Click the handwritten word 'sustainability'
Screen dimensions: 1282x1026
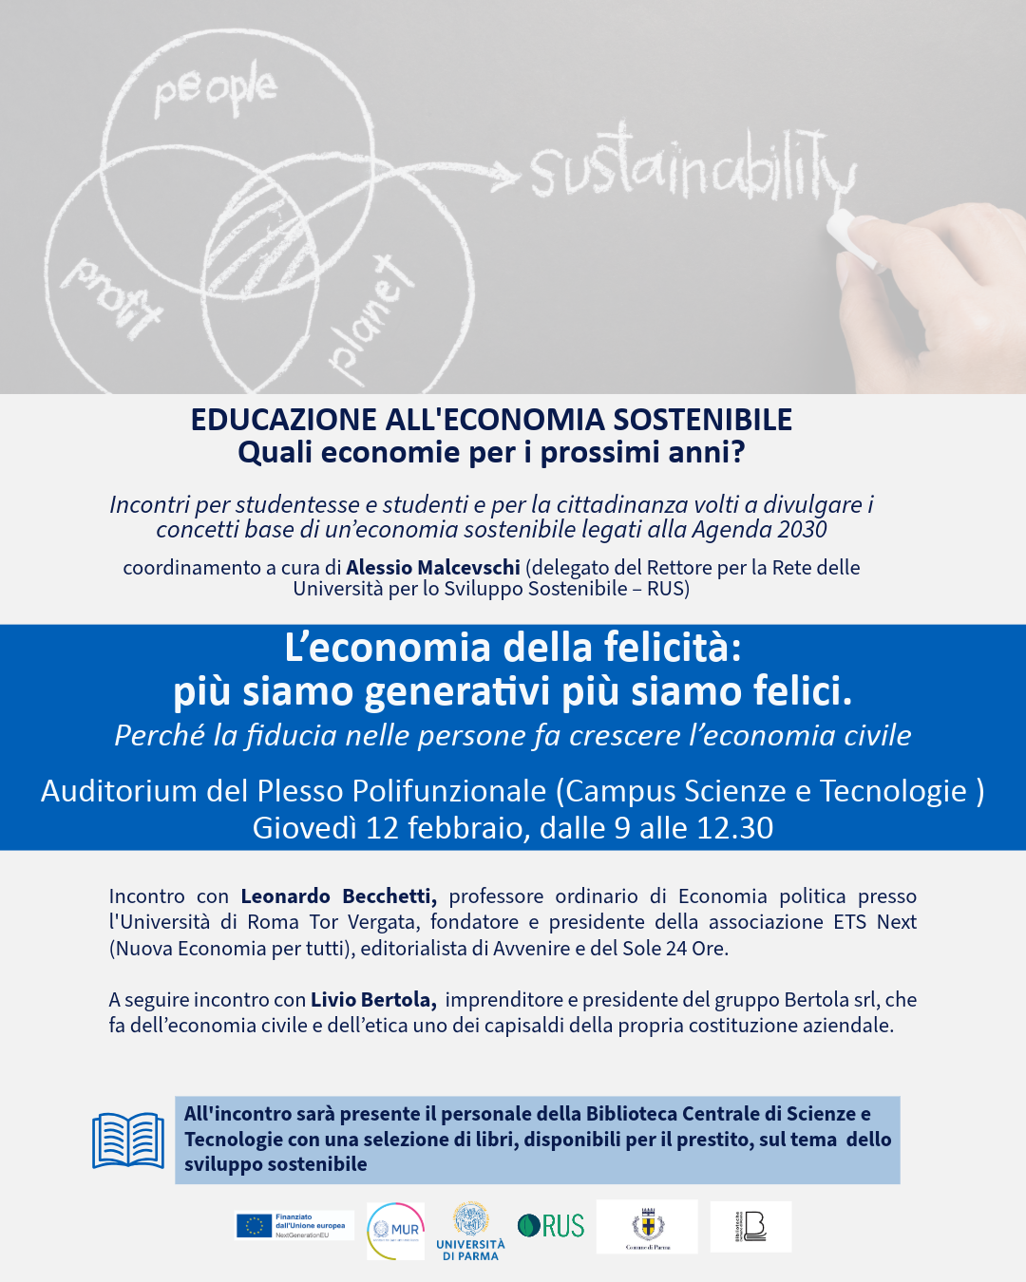tap(692, 168)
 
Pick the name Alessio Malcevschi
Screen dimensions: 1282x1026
tap(433, 568)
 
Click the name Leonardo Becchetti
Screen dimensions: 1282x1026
tap(338, 896)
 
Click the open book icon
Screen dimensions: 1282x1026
tap(128, 1141)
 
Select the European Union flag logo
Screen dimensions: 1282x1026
tap(255, 1226)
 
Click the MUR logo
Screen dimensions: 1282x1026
tap(395, 1231)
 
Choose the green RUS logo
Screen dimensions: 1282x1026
tap(551, 1226)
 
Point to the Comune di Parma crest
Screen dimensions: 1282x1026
tap(648, 1225)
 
